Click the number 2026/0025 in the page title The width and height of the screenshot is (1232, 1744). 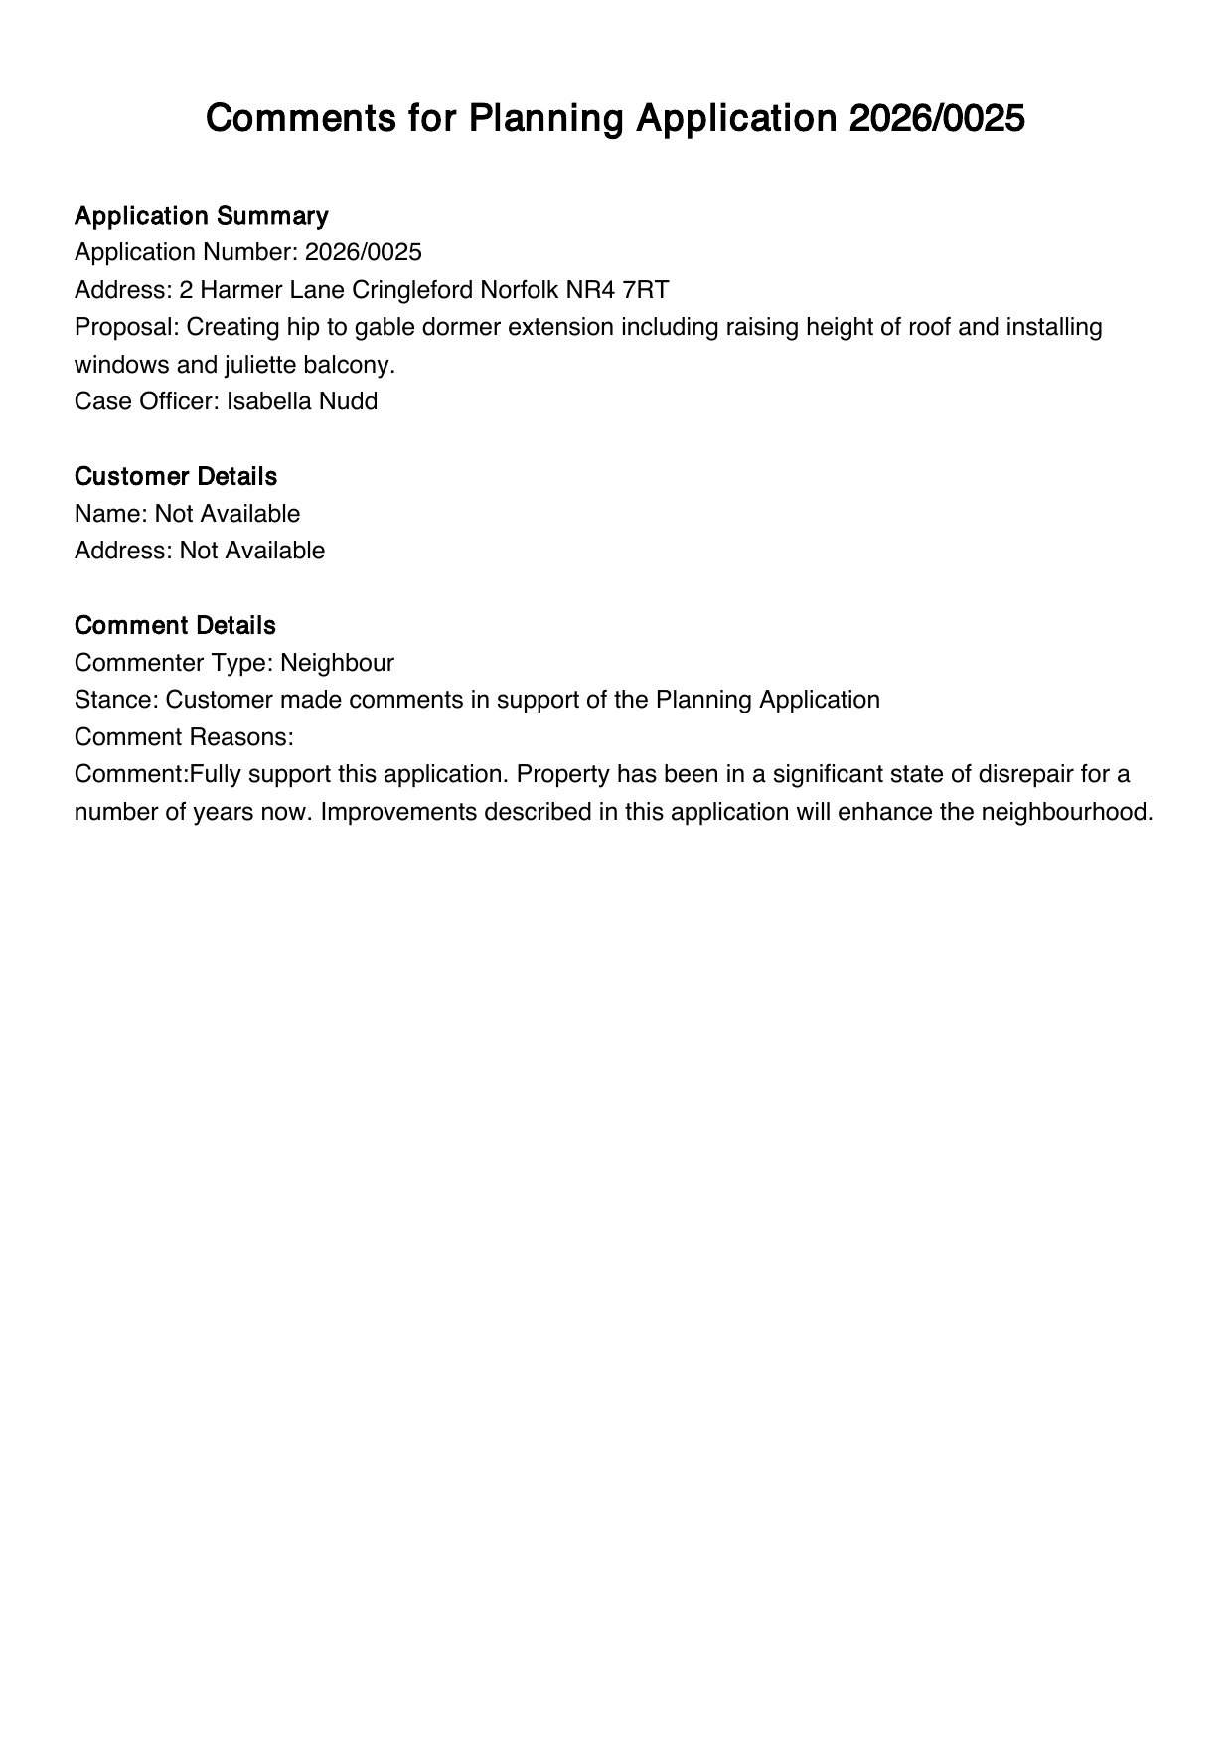936,119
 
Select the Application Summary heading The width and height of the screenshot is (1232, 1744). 201,216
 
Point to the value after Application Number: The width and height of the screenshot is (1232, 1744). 363,252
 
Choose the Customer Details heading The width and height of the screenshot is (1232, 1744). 176,476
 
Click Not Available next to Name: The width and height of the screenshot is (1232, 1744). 227,514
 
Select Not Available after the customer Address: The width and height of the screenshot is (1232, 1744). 252,551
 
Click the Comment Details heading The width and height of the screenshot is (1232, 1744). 175,625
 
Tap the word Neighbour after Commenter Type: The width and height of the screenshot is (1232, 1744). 337,663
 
